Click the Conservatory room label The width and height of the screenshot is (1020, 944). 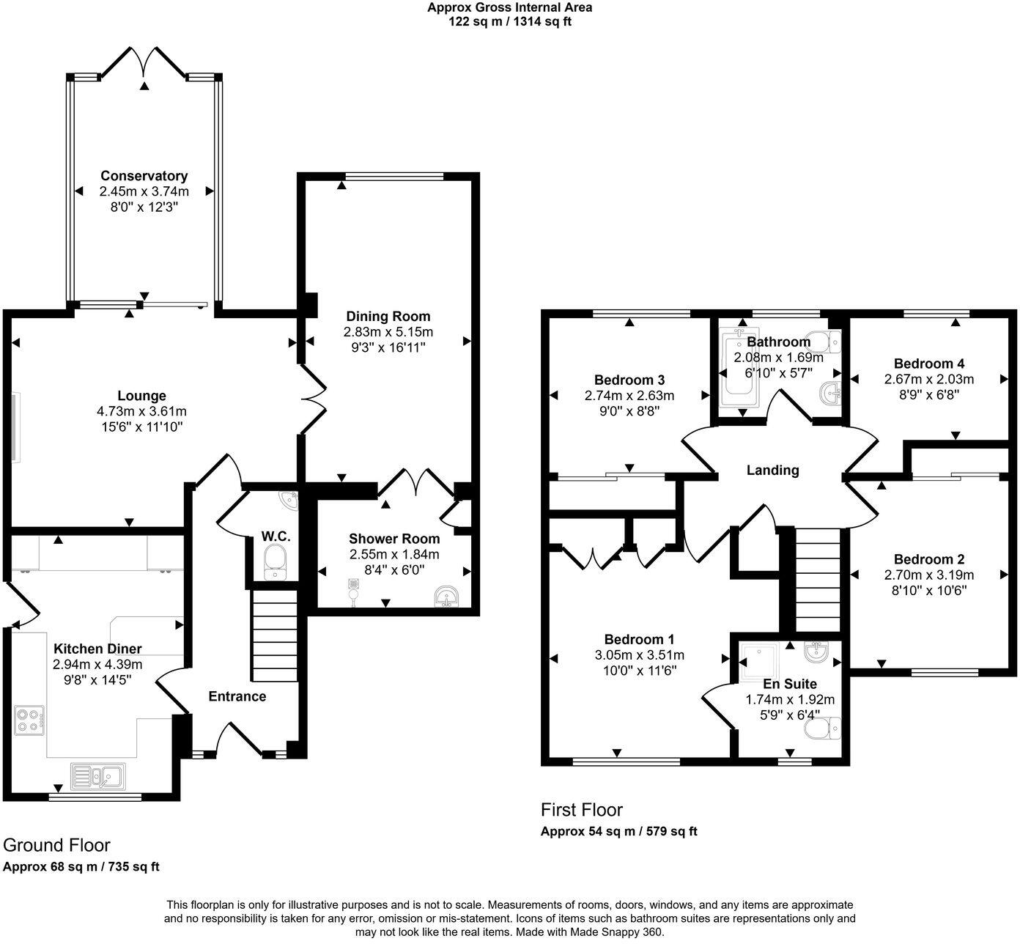click(144, 176)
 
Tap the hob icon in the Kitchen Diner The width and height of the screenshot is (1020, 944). click(30, 720)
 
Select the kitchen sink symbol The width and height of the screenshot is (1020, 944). click(98, 775)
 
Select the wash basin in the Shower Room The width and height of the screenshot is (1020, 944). click(446, 597)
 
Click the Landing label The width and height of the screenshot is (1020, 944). click(772, 471)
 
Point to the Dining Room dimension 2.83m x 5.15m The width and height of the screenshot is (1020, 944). click(388, 332)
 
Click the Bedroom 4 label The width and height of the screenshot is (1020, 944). click(928, 364)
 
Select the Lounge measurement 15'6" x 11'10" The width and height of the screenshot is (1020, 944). click(142, 426)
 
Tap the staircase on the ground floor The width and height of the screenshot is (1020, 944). click(274, 637)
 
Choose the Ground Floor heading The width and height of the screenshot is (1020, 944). click(57, 845)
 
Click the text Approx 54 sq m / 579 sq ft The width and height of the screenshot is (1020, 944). click(618, 832)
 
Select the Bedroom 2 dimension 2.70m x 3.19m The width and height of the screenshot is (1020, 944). click(929, 575)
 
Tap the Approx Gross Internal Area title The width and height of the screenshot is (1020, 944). click(510, 8)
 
